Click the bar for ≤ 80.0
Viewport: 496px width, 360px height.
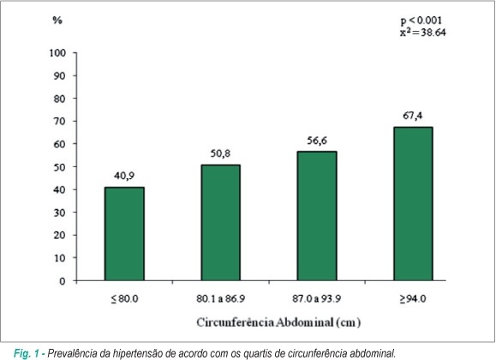124,234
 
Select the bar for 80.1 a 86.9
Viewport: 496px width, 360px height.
220,223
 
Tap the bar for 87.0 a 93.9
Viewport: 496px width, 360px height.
317,216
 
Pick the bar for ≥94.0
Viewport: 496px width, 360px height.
413,204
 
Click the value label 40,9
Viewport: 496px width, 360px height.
124,176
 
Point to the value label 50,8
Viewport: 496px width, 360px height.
220,153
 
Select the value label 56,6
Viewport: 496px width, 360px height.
317,141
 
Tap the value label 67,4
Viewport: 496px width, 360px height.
413,116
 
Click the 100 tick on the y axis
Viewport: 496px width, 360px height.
57,53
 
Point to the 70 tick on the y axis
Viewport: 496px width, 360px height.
59,121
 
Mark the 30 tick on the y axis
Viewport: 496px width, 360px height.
59,213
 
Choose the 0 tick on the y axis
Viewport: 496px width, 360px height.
63,281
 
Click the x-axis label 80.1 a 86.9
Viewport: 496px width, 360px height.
220,298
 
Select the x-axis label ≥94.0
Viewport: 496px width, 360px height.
413,298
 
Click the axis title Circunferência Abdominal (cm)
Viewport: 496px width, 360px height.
278,322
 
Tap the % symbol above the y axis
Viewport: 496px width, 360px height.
57,21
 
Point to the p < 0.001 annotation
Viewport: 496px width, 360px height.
421,21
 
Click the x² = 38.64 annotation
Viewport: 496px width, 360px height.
423,33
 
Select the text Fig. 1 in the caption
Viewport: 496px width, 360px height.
27,353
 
